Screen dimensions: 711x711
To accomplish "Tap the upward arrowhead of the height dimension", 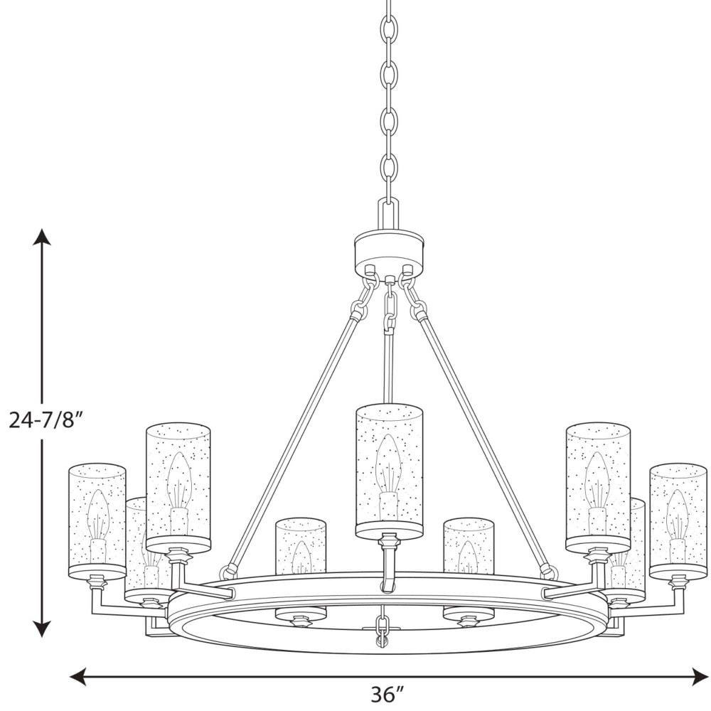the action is coord(43,237).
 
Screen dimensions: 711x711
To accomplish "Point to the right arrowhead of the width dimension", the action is coord(699,676).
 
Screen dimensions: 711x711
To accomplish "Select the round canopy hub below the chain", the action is coord(389,252).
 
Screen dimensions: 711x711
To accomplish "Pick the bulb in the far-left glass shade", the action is coord(97,525).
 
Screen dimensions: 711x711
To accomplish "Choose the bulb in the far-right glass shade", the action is coord(678,525).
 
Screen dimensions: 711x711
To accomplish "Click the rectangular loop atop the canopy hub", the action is coord(389,215).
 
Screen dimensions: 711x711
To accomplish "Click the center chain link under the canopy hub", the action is coord(390,305).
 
